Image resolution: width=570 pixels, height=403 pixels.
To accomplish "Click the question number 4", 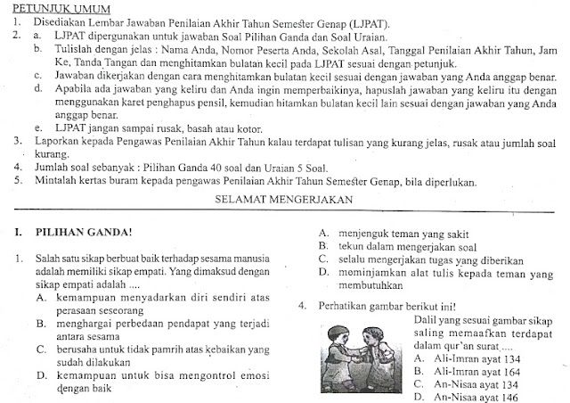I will pos(304,307).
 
